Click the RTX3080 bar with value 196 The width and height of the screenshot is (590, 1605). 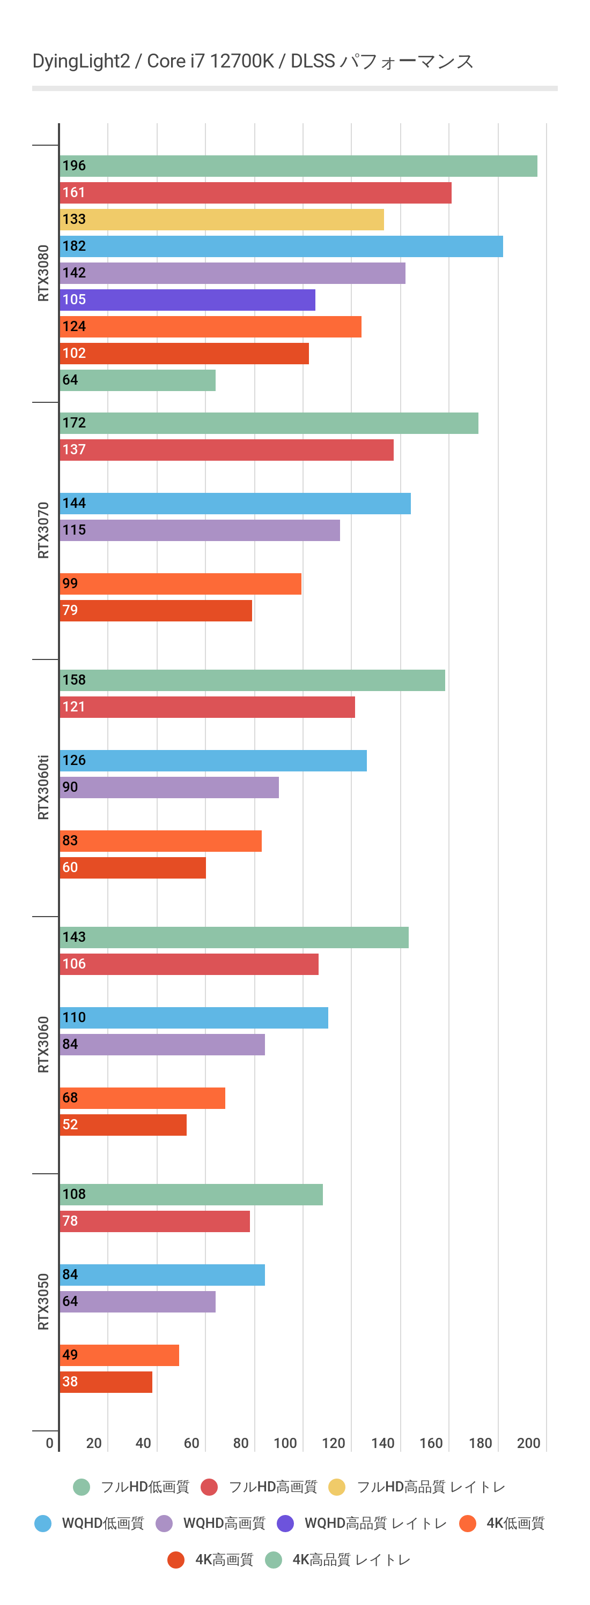tap(298, 166)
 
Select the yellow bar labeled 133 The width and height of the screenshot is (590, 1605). tap(222, 219)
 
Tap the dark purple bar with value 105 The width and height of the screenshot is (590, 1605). tap(187, 299)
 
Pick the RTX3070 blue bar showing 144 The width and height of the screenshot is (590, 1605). tap(235, 504)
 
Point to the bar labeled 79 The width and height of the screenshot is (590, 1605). tap(156, 611)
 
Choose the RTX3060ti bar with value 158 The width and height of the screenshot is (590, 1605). tap(252, 680)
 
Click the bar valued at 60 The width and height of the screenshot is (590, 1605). tap(132, 868)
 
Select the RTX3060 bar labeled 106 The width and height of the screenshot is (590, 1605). tap(189, 964)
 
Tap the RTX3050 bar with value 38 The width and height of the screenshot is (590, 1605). tap(106, 1382)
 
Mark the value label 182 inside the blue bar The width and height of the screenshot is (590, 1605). tap(74, 246)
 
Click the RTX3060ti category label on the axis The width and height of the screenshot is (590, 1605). tap(43, 787)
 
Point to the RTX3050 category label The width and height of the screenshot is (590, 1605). tap(43, 1302)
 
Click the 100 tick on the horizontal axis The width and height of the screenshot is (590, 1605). tap(285, 1443)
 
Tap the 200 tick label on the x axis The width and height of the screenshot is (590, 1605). tap(528, 1443)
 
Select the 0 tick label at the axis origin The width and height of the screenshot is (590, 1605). tap(50, 1443)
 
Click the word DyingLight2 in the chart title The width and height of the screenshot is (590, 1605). tap(81, 61)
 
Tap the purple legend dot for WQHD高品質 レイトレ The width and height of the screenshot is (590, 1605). tap(285, 1524)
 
